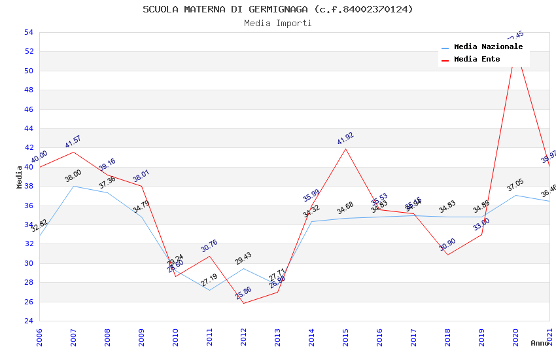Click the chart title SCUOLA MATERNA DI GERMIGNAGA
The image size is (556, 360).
pos(278,9)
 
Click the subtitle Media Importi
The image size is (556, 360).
pos(278,23)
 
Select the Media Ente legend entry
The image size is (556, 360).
pos(477,60)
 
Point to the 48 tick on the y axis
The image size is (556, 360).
pos(28,90)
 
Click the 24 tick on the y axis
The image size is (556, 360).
pos(28,321)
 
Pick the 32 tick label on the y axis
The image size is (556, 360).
pos(28,244)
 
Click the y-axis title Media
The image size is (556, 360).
pos(20,177)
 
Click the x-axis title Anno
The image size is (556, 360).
pos(540,343)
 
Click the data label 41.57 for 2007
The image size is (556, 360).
pos(73,142)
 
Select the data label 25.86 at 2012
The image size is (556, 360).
pos(243,293)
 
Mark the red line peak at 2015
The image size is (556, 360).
pos(345,149)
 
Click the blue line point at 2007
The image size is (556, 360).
pos(73,186)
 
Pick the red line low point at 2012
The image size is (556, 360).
pos(243,303)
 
